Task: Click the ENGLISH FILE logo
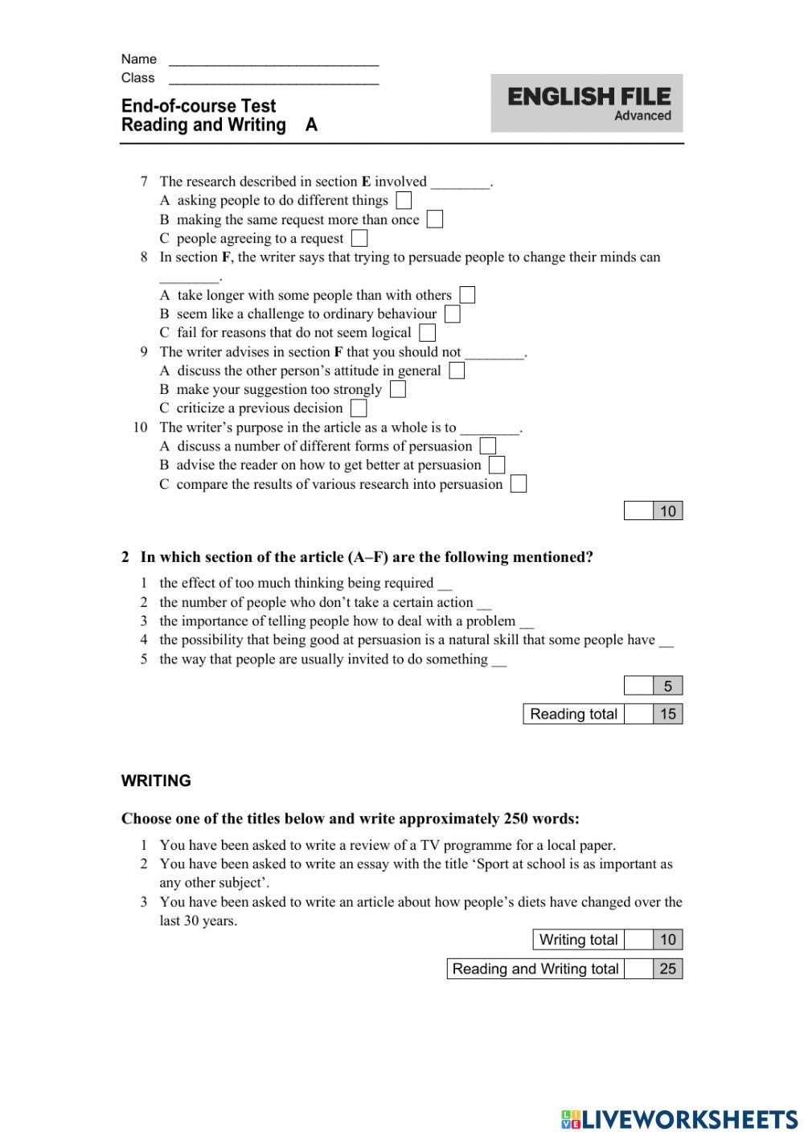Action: [588, 97]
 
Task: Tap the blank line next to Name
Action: [273, 60]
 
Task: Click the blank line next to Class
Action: [273, 79]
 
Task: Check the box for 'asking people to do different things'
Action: [404, 200]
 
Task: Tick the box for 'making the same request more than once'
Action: [435, 219]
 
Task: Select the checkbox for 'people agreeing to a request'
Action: [359, 239]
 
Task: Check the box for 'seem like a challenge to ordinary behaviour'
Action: [453, 314]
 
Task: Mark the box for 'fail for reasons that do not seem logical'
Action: [428, 333]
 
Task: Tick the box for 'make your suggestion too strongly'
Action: [398, 390]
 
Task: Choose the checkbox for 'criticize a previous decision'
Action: [359, 408]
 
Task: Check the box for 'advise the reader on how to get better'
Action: [497, 465]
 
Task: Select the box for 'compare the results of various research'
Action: [519, 484]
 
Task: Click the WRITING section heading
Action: [156, 781]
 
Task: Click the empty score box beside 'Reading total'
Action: [638, 714]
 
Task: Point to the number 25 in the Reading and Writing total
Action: [668, 969]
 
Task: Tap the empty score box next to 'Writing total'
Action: [638, 940]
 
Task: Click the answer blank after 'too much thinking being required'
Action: [445, 584]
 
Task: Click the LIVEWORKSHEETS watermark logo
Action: [679, 1118]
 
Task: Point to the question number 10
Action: [141, 428]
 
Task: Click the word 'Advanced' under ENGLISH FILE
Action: [642, 116]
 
